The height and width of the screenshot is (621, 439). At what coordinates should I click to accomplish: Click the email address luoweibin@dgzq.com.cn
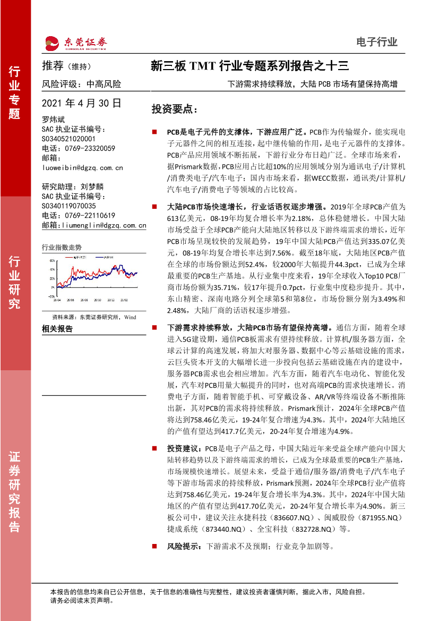tap(82, 167)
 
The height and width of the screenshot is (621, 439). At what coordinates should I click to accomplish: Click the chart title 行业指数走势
tap(62, 247)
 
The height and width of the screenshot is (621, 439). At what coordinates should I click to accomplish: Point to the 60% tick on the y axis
tap(52, 261)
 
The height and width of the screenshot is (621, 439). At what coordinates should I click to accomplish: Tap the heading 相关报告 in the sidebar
tap(57, 329)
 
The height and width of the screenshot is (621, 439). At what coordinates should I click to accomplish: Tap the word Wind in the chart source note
tap(130, 317)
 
